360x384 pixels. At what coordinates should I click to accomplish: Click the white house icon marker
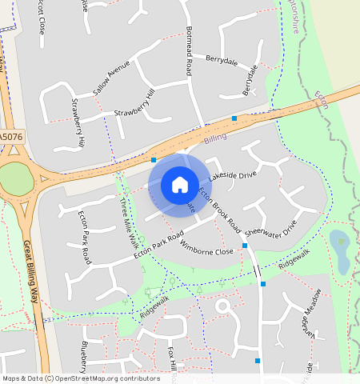coord(180,185)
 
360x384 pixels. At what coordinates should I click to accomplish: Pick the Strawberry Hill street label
coord(133,113)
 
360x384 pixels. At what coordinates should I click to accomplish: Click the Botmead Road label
coord(190,50)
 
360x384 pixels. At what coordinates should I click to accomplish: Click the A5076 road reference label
coord(12,138)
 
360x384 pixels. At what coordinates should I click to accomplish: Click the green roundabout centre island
coord(16,180)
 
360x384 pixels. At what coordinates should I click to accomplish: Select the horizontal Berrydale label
coord(222,60)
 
